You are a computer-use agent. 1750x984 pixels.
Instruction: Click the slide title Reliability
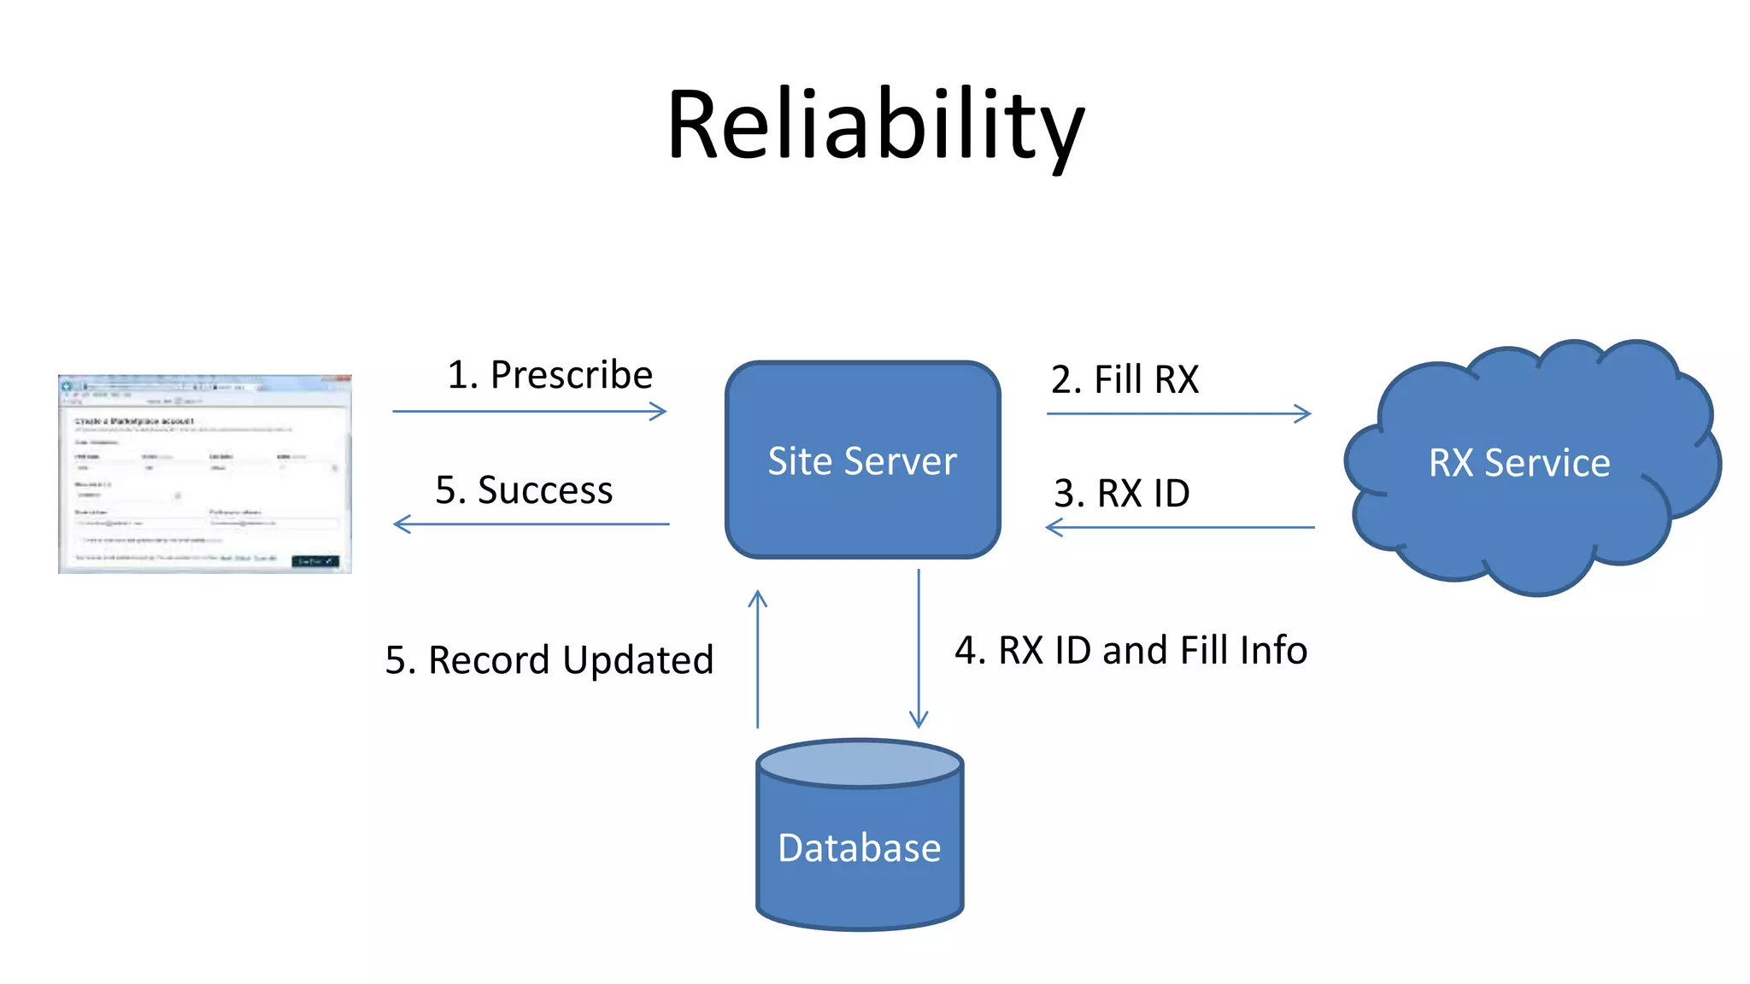pyautogui.click(x=875, y=126)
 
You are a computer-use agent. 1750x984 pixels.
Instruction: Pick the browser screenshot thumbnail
pyautogui.click(x=204, y=474)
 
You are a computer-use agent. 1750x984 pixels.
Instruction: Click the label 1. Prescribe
pyautogui.click(x=549, y=375)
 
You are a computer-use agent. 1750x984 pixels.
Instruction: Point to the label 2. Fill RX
pyautogui.click(x=1125, y=379)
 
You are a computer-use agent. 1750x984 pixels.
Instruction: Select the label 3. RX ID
pyautogui.click(x=1121, y=493)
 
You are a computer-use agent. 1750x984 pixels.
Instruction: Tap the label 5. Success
pyautogui.click(x=524, y=489)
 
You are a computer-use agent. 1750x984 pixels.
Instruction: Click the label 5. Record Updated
pyautogui.click(x=549, y=659)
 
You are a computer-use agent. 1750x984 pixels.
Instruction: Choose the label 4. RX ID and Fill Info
pyautogui.click(x=1130, y=650)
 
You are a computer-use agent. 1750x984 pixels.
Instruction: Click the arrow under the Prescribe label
pyautogui.click(x=529, y=412)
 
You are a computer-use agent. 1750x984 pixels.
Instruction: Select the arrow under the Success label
pyautogui.click(x=531, y=524)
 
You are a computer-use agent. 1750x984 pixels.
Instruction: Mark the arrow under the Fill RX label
pyautogui.click(x=1178, y=414)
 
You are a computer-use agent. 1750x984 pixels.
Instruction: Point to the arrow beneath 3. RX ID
pyautogui.click(x=1180, y=527)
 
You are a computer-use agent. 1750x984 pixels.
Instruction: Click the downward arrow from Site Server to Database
pyautogui.click(x=919, y=649)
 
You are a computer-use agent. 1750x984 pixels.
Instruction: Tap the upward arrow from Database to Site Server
pyautogui.click(x=758, y=659)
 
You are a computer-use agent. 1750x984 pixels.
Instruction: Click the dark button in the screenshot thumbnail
pyautogui.click(x=315, y=561)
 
